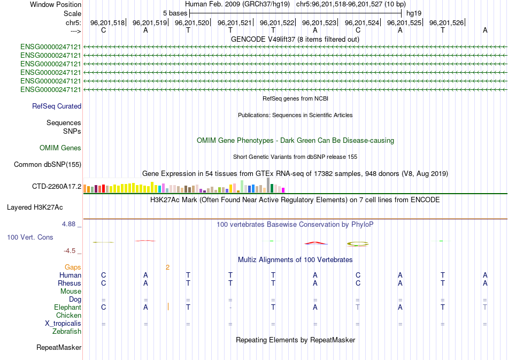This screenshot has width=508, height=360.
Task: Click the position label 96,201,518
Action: point(107,23)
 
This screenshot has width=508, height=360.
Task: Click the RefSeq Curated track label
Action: point(57,106)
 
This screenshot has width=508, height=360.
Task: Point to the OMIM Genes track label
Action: point(60,148)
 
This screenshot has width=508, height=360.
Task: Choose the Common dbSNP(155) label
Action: point(47,165)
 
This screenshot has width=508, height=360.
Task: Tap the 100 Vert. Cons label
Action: point(30,236)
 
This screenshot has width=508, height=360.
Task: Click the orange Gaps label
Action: point(73,267)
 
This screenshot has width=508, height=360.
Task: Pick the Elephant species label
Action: point(67,308)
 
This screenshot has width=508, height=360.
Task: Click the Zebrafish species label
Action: point(67,332)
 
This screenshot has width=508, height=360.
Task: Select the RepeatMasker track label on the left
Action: point(59,348)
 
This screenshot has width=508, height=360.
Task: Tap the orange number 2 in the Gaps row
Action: point(167,267)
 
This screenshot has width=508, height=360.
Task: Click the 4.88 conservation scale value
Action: point(70,224)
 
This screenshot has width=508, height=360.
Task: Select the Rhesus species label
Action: point(70,283)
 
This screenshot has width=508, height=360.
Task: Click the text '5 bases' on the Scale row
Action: point(175,13)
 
